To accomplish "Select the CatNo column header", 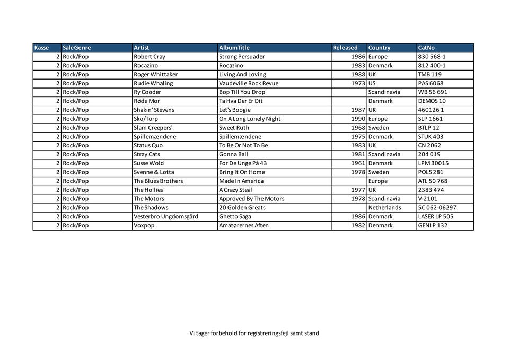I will coord(426,48).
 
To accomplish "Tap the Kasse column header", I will coord(41,48).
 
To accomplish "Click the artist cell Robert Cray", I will coord(150,57).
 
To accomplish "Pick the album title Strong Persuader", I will coord(242,57).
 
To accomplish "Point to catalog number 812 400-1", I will coord(432,66).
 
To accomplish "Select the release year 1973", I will coord(358,83).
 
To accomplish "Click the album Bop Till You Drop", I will coord(242,92).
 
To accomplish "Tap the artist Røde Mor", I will coord(147,101).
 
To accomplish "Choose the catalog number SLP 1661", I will coord(430,119).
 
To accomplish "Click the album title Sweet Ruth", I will coord(234,128).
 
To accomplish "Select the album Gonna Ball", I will coord(233,154).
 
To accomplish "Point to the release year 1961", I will coord(358,163).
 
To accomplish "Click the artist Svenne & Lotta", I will coord(154,172).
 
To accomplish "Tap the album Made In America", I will coord(241,181).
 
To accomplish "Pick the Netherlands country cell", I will coord(385,208).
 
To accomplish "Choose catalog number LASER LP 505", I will coord(436,216).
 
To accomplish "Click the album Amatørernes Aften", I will coord(244,225).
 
